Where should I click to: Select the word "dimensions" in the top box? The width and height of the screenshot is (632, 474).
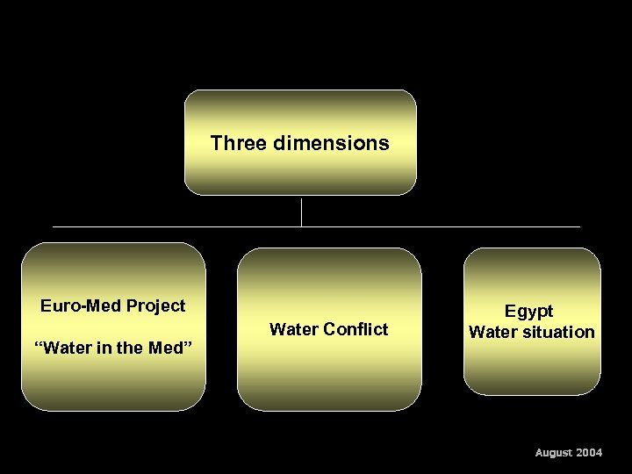(330, 142)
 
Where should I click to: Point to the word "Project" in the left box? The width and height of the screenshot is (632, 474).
(156, 305)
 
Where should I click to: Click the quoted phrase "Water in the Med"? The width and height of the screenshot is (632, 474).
(113, 348)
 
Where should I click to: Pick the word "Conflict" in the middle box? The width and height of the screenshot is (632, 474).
(355, 329)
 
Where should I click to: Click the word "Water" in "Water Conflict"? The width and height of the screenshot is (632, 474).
(294, 329)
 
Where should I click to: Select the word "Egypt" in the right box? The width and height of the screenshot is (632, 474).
(528, 311)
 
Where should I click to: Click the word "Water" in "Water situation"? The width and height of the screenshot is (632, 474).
(491, 332)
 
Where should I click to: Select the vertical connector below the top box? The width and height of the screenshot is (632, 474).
(301, 212)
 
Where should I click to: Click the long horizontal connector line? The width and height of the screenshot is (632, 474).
(176, 226)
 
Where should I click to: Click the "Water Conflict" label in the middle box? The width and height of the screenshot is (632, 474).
(328, 329)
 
